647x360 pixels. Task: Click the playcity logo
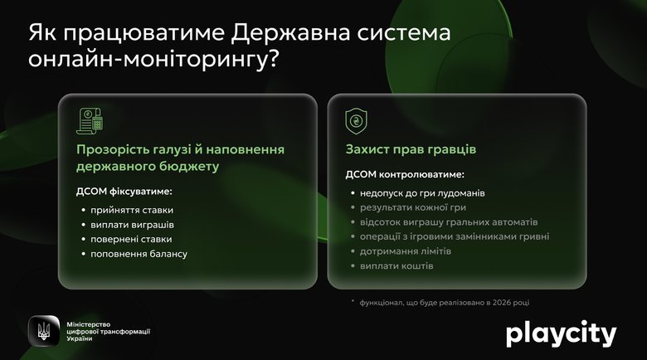click(x=561, y=333)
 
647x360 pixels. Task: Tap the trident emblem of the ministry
click(x=43, y=332)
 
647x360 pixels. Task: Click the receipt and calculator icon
click(x=90, y=121)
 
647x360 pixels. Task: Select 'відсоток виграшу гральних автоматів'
click(x=449, y=222)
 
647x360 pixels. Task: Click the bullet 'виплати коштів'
click(x=396, y=265)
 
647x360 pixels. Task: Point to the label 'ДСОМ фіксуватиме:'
click(x=124, y=192)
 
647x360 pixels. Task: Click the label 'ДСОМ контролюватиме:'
click(x=404, y=175)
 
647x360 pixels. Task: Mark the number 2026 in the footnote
click(x=521, y=302)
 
